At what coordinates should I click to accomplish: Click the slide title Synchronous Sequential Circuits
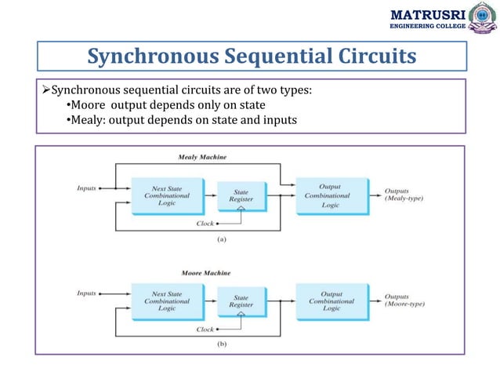(252, 56)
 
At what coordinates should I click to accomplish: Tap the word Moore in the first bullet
(89, 105)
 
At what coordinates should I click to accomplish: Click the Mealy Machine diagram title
(202, 157)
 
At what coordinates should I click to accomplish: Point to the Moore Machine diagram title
(203, 272)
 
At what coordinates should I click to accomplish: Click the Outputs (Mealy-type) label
(404, 195)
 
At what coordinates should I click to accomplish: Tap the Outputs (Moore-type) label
(404, 301)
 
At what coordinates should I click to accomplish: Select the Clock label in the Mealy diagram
(204, 224)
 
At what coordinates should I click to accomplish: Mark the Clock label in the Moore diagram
(204, 329)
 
